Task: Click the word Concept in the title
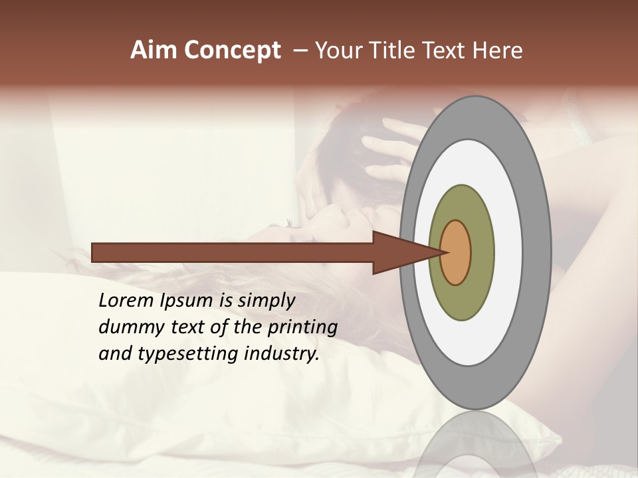(x=233, y=50)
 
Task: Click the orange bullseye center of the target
(x=456, y=252)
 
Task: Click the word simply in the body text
(x=266, y=301)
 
